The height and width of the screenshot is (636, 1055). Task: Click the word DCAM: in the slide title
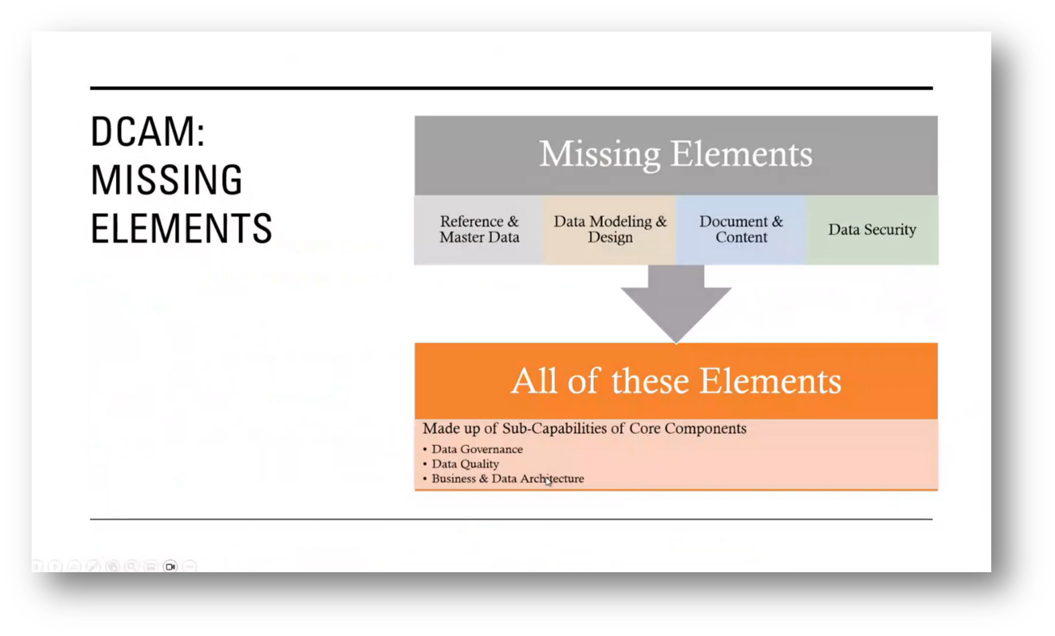tap(147, 132)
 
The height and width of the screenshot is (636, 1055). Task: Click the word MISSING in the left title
tap(166, 180)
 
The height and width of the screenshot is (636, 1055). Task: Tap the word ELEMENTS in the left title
tap(181, 228)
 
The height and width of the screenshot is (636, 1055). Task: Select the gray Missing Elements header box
tap(676, 155)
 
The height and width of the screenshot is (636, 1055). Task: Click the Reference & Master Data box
tap(479, 230)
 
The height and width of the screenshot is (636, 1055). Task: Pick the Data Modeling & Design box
tap(610, 230)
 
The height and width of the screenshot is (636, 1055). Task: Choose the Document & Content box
tap(741, 230)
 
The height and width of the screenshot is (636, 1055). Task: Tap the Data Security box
tap(872, 230)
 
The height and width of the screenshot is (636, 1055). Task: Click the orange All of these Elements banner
tap(676, 381)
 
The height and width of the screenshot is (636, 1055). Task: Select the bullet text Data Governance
tap(477, 449)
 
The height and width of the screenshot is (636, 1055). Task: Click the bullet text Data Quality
tap(465, 464)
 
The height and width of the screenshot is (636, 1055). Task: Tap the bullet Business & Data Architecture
tap(507, 479)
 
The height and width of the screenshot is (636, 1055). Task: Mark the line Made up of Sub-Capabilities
tap(585, 428)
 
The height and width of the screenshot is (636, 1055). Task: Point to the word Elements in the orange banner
tap(770, 381)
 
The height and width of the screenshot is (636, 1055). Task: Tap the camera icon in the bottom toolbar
tap(170, 567)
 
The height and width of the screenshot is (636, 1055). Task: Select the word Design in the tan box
tap(610, 238)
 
